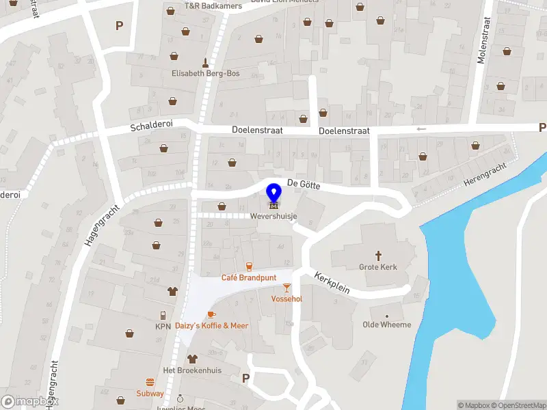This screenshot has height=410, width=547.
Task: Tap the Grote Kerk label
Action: (x=377, y=266)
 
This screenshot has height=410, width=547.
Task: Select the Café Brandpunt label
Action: (x=248, y=277)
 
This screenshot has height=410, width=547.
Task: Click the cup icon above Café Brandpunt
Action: (x=249, y=265)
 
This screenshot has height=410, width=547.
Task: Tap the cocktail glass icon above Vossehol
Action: (x=286, y=288)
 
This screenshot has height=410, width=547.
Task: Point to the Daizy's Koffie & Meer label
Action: (x=211, y=326)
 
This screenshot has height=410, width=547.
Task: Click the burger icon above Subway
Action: (x=150, y=382)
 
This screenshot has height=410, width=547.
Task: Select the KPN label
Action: (x=163, y=327)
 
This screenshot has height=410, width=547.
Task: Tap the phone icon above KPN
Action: (x=163, y=315)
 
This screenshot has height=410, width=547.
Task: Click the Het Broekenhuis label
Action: (x=191, y=370)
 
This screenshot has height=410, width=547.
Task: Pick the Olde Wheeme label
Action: (x=387, y=325)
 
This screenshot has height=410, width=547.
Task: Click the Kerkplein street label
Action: (x=332, y=283)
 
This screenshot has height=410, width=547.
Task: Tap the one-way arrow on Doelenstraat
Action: (x=421, y=128)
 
